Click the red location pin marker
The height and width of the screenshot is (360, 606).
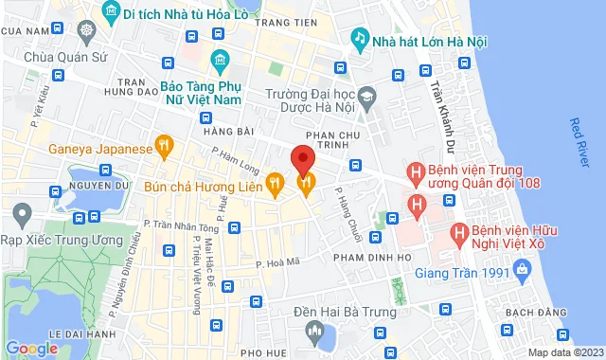[x=301, y=157]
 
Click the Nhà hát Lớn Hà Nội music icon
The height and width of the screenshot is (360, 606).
[x=360, y=38]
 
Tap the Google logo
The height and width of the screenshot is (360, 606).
[x=31, y=348]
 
